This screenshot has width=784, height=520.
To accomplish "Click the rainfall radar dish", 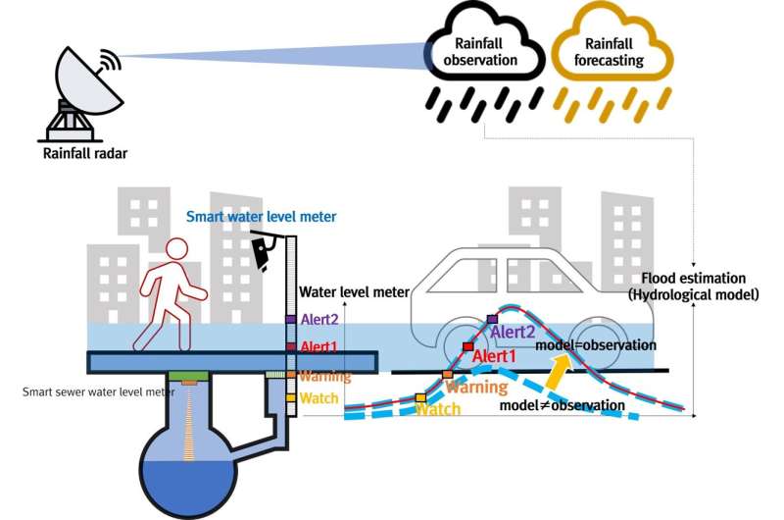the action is (x=85, y=80).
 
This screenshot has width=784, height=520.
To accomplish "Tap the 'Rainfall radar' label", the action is (x=85, y=153).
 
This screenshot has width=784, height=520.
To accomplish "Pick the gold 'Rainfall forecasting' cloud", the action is (x=611, y=42).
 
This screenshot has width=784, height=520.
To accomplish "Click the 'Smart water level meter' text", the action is (x=261, y=217).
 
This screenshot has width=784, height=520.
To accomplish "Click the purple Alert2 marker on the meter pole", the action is (x=291, y=319).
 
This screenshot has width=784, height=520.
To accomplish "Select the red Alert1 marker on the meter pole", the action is (x=291, y=346).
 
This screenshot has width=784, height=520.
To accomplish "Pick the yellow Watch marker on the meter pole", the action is (x=291, y=398).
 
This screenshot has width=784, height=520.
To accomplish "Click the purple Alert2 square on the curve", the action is (x=493, y=319).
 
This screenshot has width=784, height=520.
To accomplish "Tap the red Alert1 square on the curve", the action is (x=467, y=346).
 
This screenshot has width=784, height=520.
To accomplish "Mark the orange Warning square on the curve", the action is (x=447, y=374).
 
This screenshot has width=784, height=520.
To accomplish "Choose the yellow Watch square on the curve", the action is (x=421, y=398).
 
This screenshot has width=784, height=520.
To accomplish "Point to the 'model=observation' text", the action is (x=596, y=345).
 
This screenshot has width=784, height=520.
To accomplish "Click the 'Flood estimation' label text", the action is (x=693, y=279).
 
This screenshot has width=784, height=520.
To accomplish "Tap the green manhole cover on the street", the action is (x=188, y=376).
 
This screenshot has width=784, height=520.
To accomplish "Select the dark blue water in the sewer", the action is (x=188, y=488).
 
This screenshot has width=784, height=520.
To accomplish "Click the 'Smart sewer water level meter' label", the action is (x=99, y=391).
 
